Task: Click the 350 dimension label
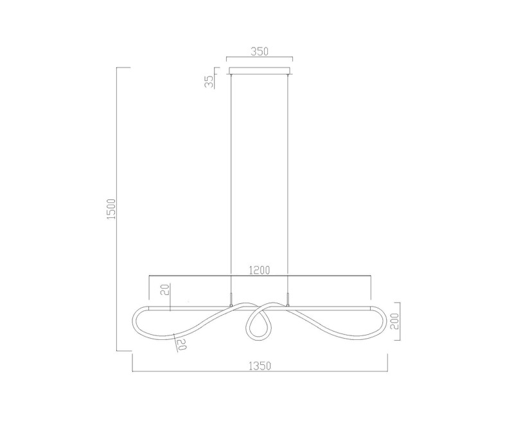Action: click(260, 51)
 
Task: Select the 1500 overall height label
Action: click(111, 209)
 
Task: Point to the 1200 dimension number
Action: click(260, 270)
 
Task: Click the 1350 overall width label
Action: click(260, 366)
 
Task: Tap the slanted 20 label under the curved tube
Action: click(181, 344)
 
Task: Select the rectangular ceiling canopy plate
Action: click(260, 69)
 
